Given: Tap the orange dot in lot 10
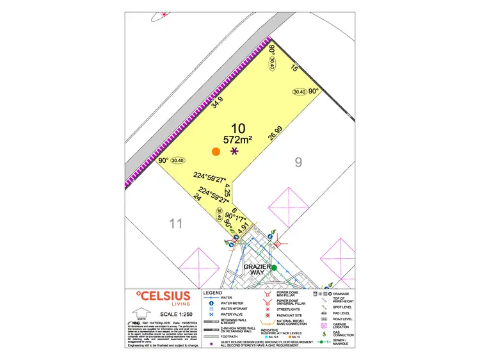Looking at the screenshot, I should (216, 152).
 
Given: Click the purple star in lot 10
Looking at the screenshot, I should (234, 152).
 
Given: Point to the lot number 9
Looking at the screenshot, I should (298, 162).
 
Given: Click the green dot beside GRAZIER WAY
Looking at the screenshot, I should (274, 267).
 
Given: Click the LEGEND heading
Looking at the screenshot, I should (212, 293).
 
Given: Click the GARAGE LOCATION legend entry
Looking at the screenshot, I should (339, 327).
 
